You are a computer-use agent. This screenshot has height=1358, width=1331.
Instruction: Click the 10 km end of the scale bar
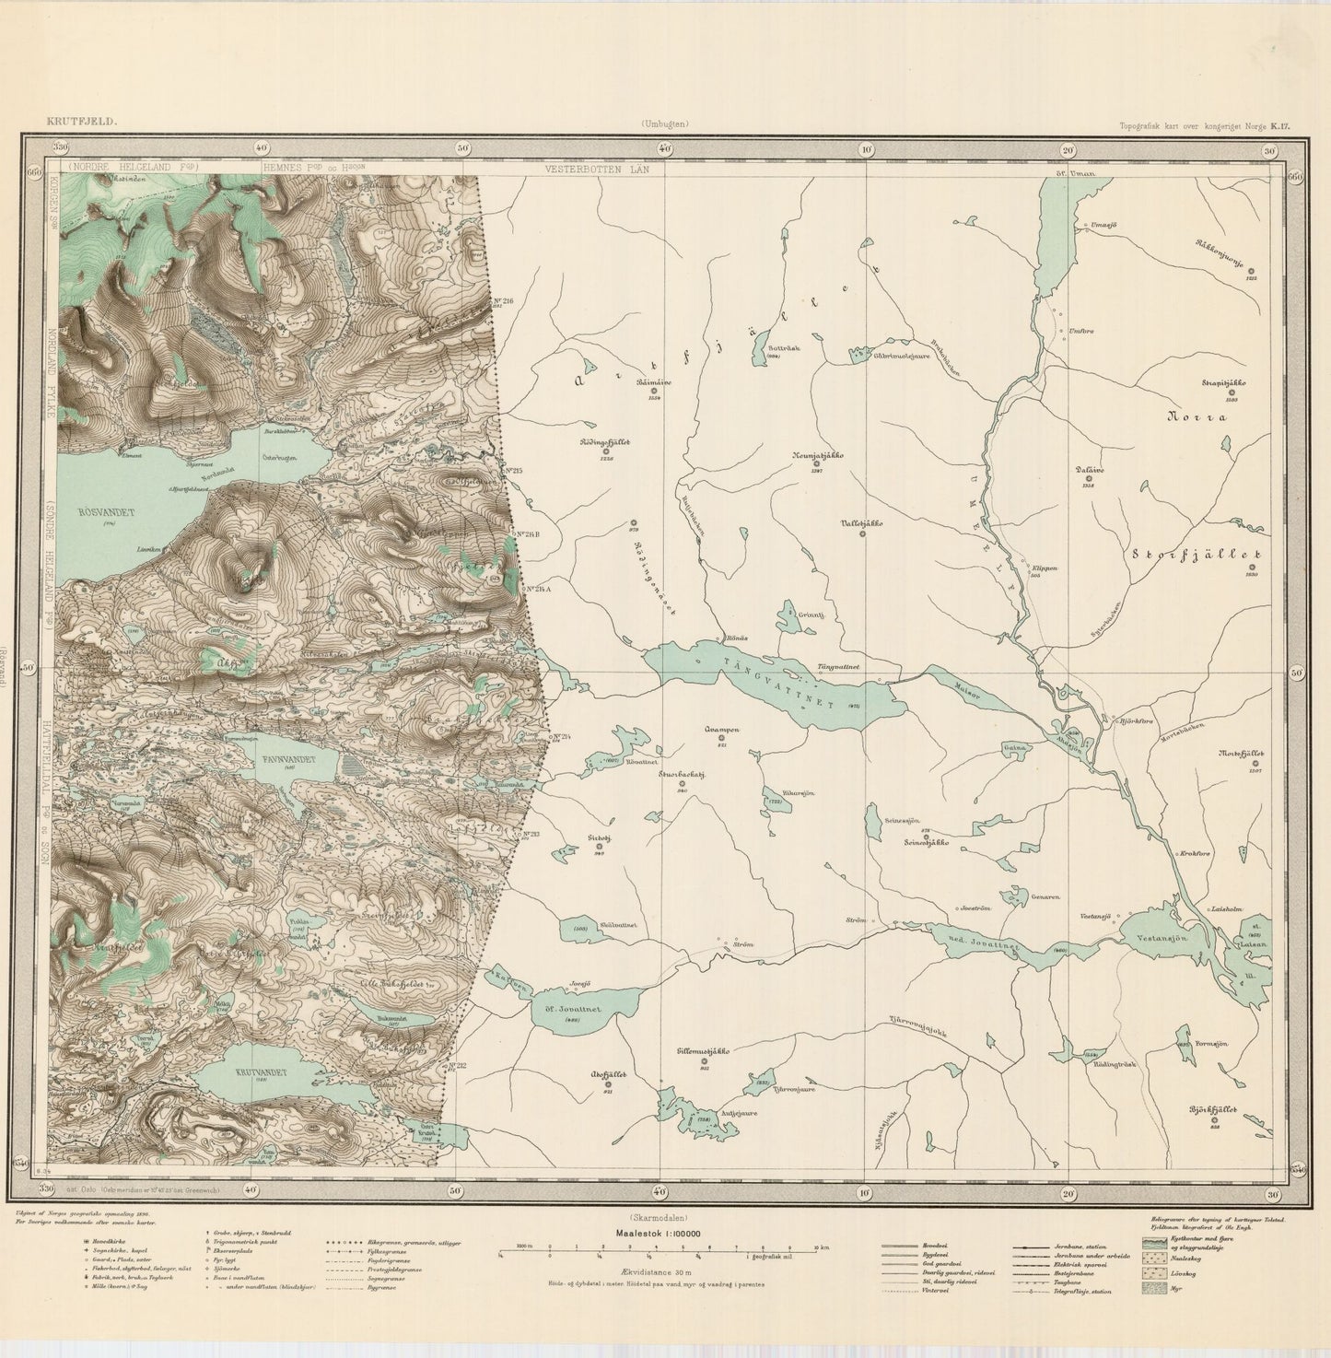click(814, 1246)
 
